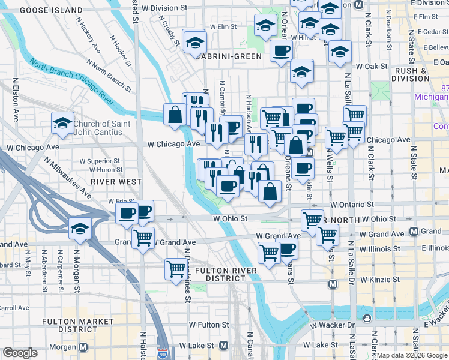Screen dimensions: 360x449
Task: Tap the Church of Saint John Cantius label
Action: coord(101,128)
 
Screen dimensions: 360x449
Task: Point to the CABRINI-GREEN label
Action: coord(228,56)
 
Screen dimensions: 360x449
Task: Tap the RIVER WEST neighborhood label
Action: coord(116,181)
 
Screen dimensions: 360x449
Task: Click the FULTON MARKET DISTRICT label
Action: coord(78,325)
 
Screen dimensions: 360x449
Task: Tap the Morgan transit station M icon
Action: coord(83,347)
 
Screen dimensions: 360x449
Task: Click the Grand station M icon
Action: coord(414,231)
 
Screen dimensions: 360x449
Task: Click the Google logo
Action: coord(20,353)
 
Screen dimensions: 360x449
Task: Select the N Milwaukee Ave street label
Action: coord(67,178)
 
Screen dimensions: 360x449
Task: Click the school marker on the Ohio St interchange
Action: coord(80,228)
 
